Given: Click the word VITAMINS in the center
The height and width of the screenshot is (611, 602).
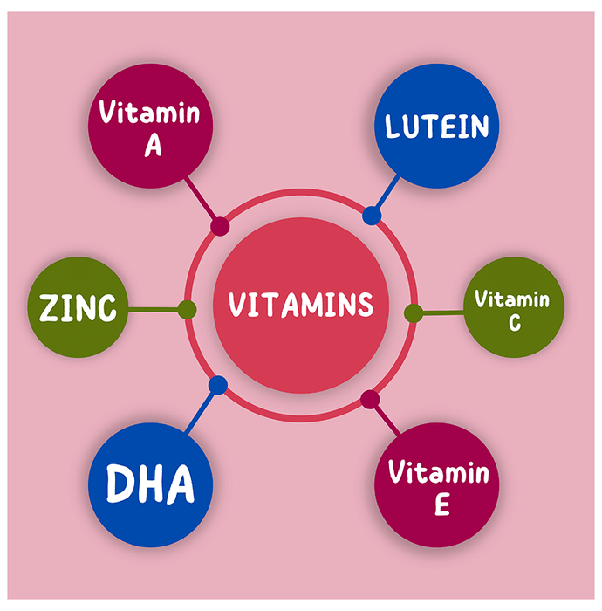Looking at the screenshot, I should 301,305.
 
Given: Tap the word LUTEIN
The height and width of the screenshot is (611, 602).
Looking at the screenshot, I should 437,127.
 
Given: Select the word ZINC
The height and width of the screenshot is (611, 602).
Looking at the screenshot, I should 79,308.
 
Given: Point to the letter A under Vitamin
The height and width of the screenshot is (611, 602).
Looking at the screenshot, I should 154,145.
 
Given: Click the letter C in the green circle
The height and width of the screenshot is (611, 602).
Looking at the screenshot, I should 513,324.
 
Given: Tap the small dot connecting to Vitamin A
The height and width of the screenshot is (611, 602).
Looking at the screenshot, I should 220,227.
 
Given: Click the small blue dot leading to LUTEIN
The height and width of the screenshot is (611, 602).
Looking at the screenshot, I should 372,216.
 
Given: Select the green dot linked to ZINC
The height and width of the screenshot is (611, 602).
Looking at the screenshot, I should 186,309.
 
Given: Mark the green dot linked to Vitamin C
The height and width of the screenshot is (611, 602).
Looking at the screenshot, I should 414,312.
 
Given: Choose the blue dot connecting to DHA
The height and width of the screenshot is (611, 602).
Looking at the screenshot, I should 218,385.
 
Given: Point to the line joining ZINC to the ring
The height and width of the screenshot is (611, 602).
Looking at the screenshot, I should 154,309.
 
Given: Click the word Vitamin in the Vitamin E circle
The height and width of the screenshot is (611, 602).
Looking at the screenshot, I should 438,474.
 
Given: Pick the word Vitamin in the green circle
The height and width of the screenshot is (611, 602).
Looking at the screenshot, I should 512,300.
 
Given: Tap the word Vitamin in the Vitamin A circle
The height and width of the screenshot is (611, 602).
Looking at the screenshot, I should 149,113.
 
